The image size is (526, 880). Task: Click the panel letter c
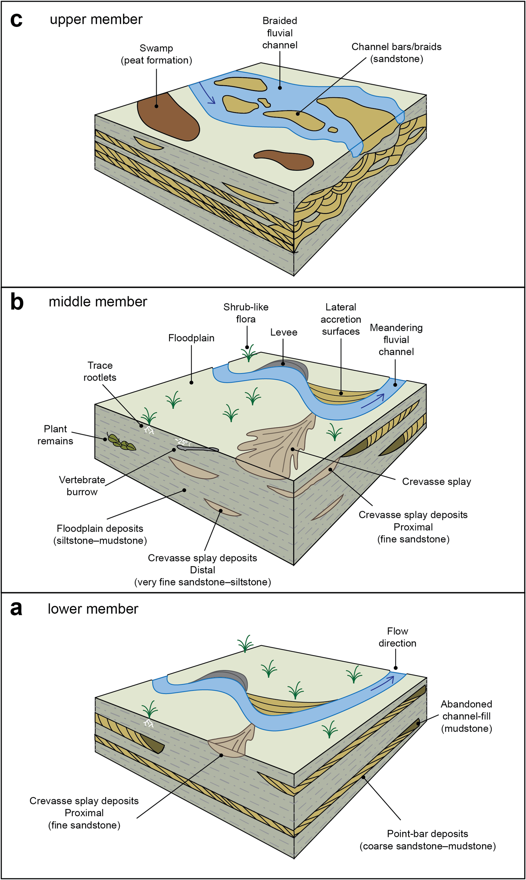point(16,20)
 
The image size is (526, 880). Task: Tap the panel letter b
point(17,302)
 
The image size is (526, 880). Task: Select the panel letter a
point(16,609)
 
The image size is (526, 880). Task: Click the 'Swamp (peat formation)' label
point(156,54)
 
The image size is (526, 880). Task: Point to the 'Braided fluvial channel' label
point(280,33)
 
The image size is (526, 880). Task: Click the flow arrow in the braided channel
point(207,93)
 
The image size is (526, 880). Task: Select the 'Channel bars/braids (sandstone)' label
point(396,53)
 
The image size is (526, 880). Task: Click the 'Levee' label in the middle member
point(284,332)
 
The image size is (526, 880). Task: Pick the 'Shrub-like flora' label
point(246,313)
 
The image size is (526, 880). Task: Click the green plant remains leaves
point(122,442)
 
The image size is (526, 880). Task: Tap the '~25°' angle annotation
point(182,442)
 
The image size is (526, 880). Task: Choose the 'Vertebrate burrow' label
point(82,486)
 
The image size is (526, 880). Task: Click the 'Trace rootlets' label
point(100,371)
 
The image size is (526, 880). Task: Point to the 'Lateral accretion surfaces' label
point(341,319)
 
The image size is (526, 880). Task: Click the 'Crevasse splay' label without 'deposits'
point(436,482)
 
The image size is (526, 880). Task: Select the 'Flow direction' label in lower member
point(397,637)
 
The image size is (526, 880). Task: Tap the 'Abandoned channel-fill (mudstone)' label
point(467,716)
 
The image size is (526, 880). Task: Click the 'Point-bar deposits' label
point(427,834)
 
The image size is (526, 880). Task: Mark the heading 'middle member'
point(98,302)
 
